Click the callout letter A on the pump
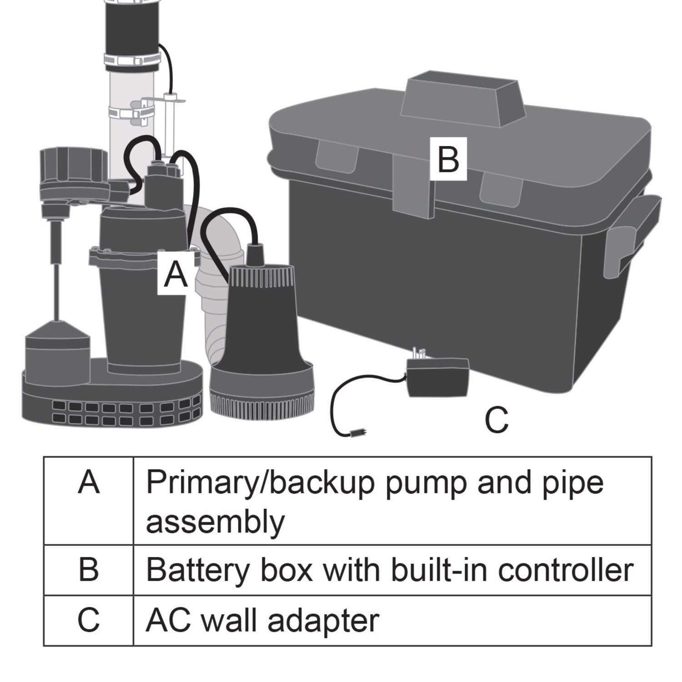pos(176,275)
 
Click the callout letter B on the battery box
pos(448,159)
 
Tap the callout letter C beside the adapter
pos(496,419)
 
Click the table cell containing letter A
pos(89,500)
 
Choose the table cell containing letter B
pos(89,569)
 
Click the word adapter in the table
pos(323,621)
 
